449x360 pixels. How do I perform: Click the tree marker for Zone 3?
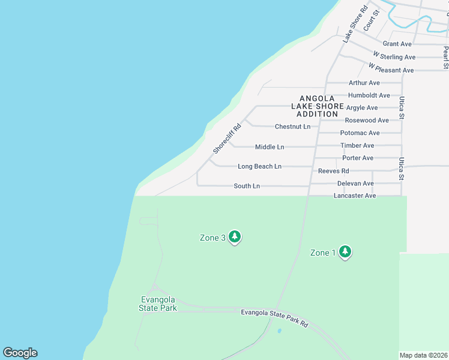pyautogui.click(x=235, y=237)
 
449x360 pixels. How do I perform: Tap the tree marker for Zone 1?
pyautogui.click(x=345, y=252)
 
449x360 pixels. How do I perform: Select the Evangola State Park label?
pyautogui.click(x=158, y=304)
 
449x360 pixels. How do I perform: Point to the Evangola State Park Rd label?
pyautogui.click(x=274, y=318)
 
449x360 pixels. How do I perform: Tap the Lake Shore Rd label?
pyautogui.click(x=355, y=24)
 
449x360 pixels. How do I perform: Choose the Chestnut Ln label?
pyautogui.click(x=292, y=127)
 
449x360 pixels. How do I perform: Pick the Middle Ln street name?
pyautogui.click(x=270, y=147)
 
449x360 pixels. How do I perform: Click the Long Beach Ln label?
pyautogui.click(x=259, y=166)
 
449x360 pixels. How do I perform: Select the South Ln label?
pyautogui.click(x=247, y=186)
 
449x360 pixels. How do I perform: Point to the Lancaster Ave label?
pyautogui.click(x=355, y=196)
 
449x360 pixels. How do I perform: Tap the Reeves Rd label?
pyautogui.click(x=333, y=171)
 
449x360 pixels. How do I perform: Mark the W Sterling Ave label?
pyautogui.click(x=394, y=57)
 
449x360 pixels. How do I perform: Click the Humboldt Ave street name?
pyautogui.click(x=369, y=95)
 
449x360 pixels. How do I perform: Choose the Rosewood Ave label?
pyautogui.click(x=367, y=121)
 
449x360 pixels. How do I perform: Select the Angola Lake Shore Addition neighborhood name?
pyautogui.click(x=318, y=106)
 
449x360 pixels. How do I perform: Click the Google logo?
pyautogui.click(x=20, y=353)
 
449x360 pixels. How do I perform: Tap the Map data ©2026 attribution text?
pyautogui.click(x=424, y=355)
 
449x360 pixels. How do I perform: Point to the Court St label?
pyautogui.click(x=372, y=20)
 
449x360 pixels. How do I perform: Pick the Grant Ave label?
pyautogui.click(x=397, y=44)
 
